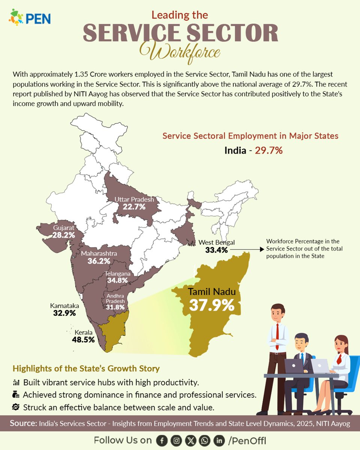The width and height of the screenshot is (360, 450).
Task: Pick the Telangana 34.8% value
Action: click(x=117, y=280)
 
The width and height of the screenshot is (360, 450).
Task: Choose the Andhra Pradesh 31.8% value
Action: click(x=115, y=307)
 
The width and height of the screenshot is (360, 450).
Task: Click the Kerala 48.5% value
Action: click(x=83, y=340)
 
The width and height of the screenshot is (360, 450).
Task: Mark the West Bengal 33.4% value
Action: click(x=216, y=250)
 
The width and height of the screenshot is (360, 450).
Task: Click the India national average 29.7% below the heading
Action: click(x=268, y=151)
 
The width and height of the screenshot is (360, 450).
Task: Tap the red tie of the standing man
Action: click(x=277, y=331)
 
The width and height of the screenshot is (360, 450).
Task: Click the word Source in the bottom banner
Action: click(x=22, y=424)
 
